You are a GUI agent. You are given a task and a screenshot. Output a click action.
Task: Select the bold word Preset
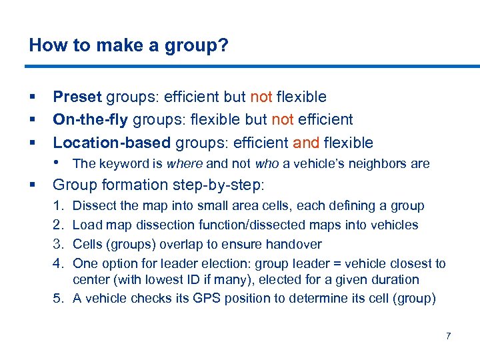pos(77,97)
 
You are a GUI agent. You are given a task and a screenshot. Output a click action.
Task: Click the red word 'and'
pos(306,142)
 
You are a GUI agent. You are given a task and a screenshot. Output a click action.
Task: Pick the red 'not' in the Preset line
pos(261,97)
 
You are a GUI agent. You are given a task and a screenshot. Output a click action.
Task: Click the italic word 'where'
pos(185,163)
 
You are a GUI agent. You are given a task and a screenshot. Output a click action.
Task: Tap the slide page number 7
pos(448,335)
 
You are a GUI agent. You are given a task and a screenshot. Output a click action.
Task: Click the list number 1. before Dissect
pos(58,206)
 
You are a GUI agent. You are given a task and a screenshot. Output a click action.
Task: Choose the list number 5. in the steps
pos(58,298)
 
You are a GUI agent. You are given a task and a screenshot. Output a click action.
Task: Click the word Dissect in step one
pos(93,206)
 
